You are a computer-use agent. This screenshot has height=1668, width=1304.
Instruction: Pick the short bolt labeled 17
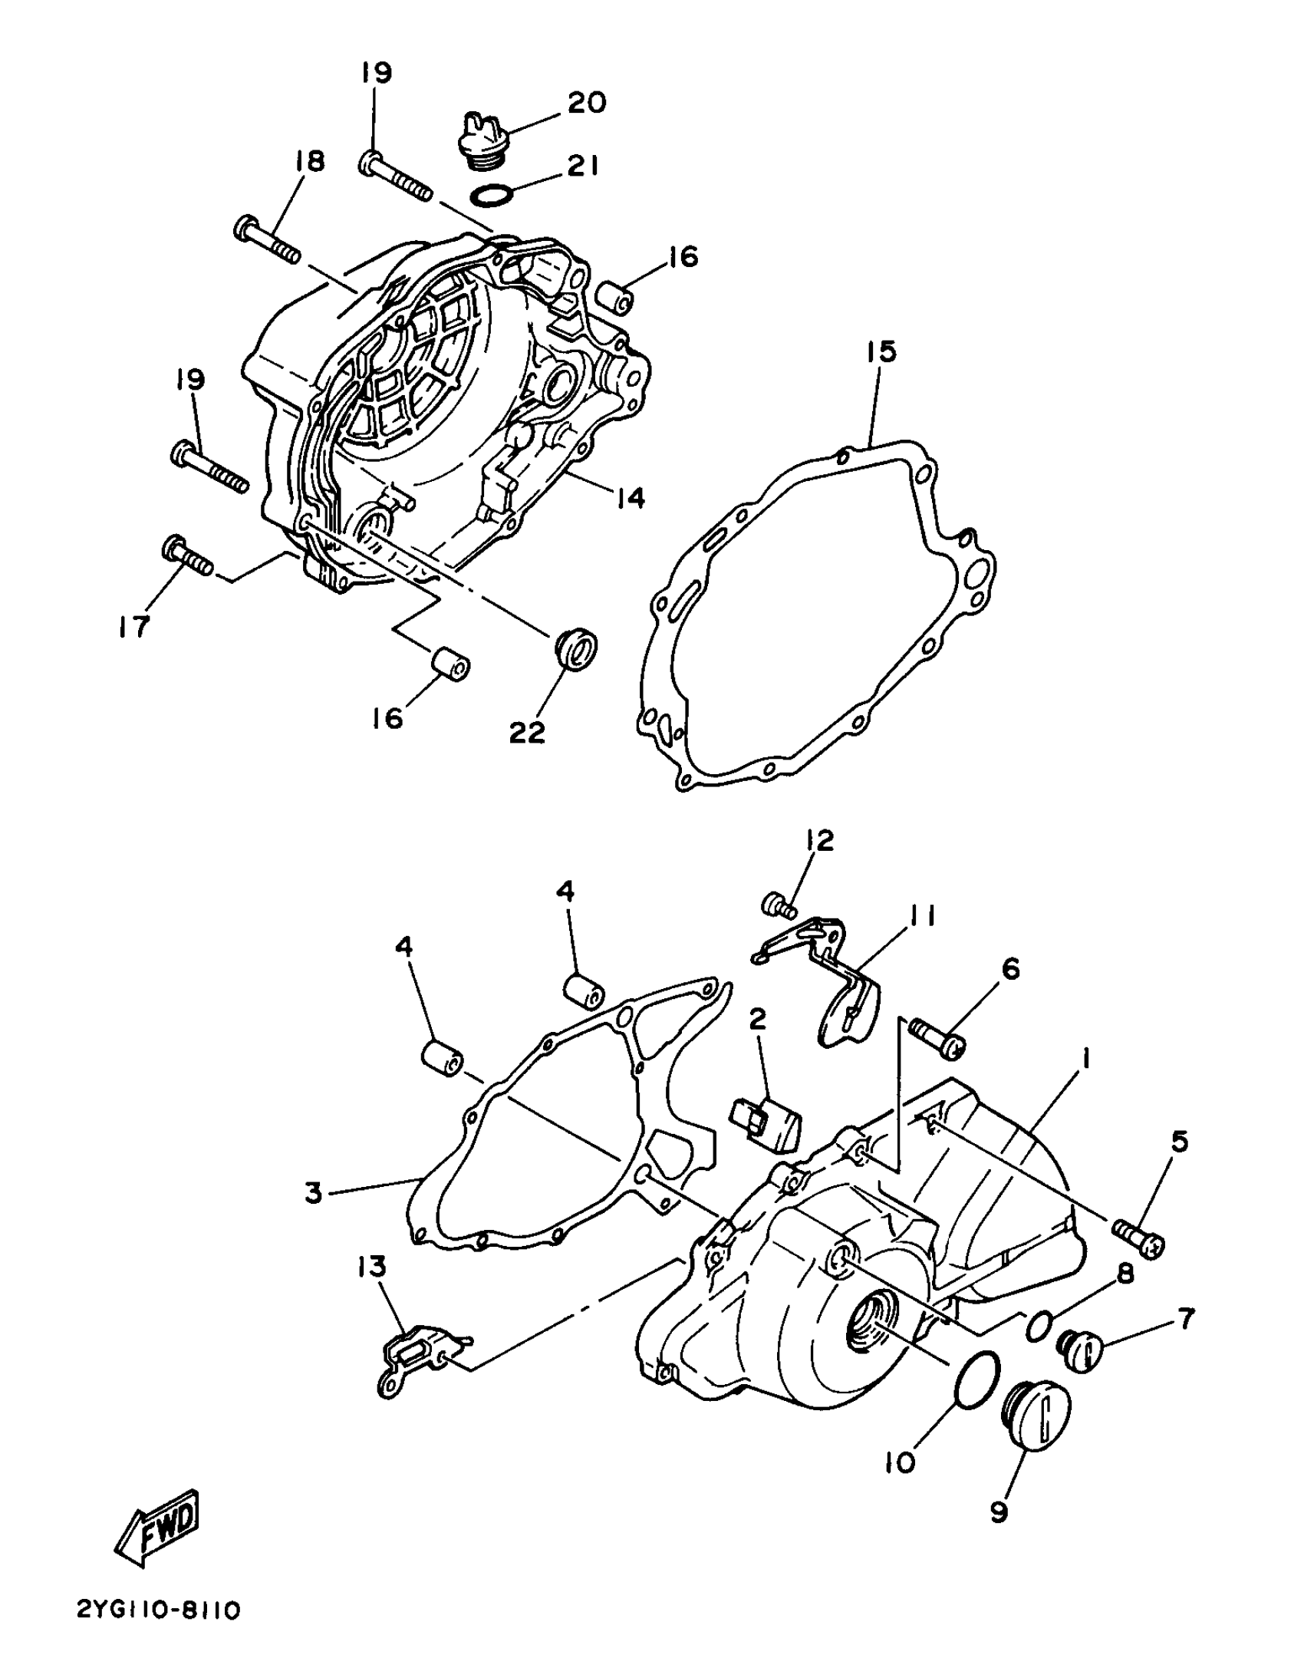[x=187, y=557]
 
